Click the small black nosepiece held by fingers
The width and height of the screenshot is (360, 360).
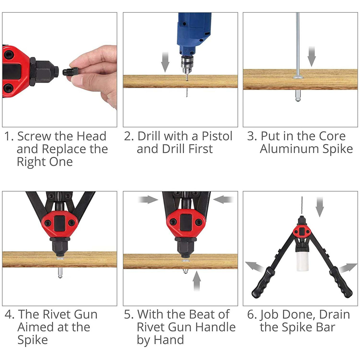click(x=70, y=72)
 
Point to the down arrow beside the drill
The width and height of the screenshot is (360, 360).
click(x=165, y=62)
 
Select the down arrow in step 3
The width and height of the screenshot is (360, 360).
click(x=312, y=56)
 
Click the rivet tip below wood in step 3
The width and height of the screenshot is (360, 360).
click(x=298, y=96)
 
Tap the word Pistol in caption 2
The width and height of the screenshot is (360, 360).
click(x=217, y=136)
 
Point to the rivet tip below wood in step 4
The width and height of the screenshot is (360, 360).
click(x=60, y=273)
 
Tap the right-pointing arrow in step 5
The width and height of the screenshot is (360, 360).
click(x=148, y=200)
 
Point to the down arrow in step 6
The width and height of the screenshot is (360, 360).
click(x=320, y=207)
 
